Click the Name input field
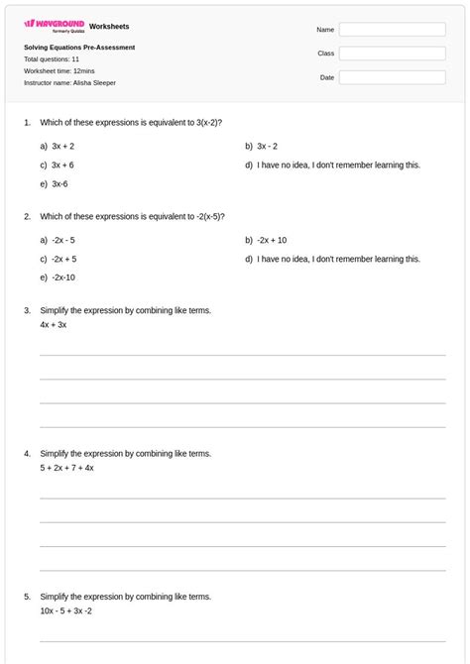click(392, 30)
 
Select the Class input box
click(392, 54)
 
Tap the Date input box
click(392, 77)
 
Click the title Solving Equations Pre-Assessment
click(79, 48)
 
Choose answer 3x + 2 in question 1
click(62, 146)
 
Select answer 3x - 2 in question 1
click(267, 146)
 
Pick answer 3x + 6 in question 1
click(62, 165)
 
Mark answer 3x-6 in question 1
click(59, 183)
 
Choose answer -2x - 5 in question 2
click(63, 240)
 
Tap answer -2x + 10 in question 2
click(272, 240)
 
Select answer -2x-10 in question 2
click(63, 277)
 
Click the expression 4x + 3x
click(54, 324)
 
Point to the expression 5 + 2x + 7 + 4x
click(67, 468)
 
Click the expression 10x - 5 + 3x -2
click(66, 610)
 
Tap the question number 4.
click(27, 454)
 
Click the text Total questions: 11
click(52, 59)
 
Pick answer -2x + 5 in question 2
click(63, 259)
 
